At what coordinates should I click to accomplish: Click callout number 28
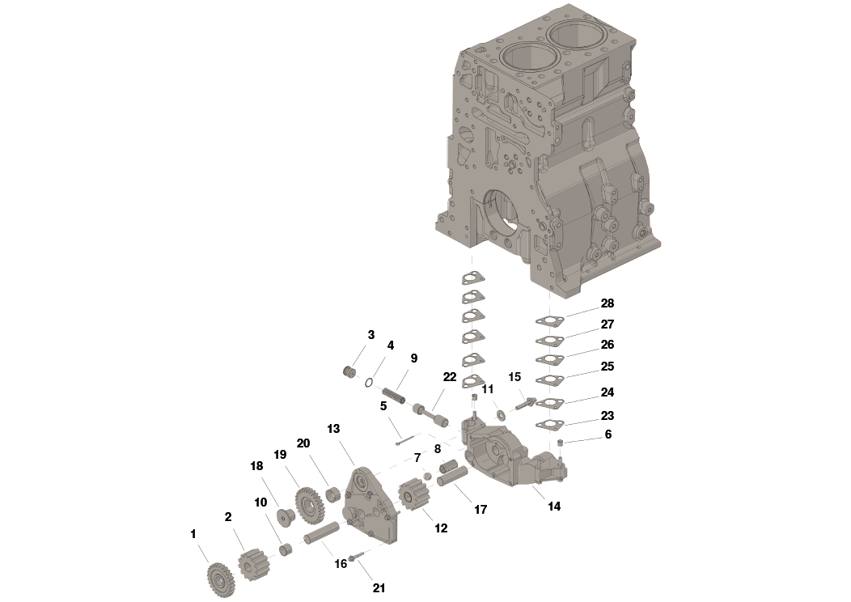[x=607, y=303]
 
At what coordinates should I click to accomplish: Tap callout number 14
[x=553, y=507]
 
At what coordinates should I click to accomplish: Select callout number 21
[x=379, y=588]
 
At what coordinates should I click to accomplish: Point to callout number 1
[x=193, y=534]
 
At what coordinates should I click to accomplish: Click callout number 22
[x=450, y=377]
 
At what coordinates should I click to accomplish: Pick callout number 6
[x=608, y=435]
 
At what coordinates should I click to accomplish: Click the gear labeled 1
[x=220, y=579]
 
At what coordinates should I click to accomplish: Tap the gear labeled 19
[x=310, y=505]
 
